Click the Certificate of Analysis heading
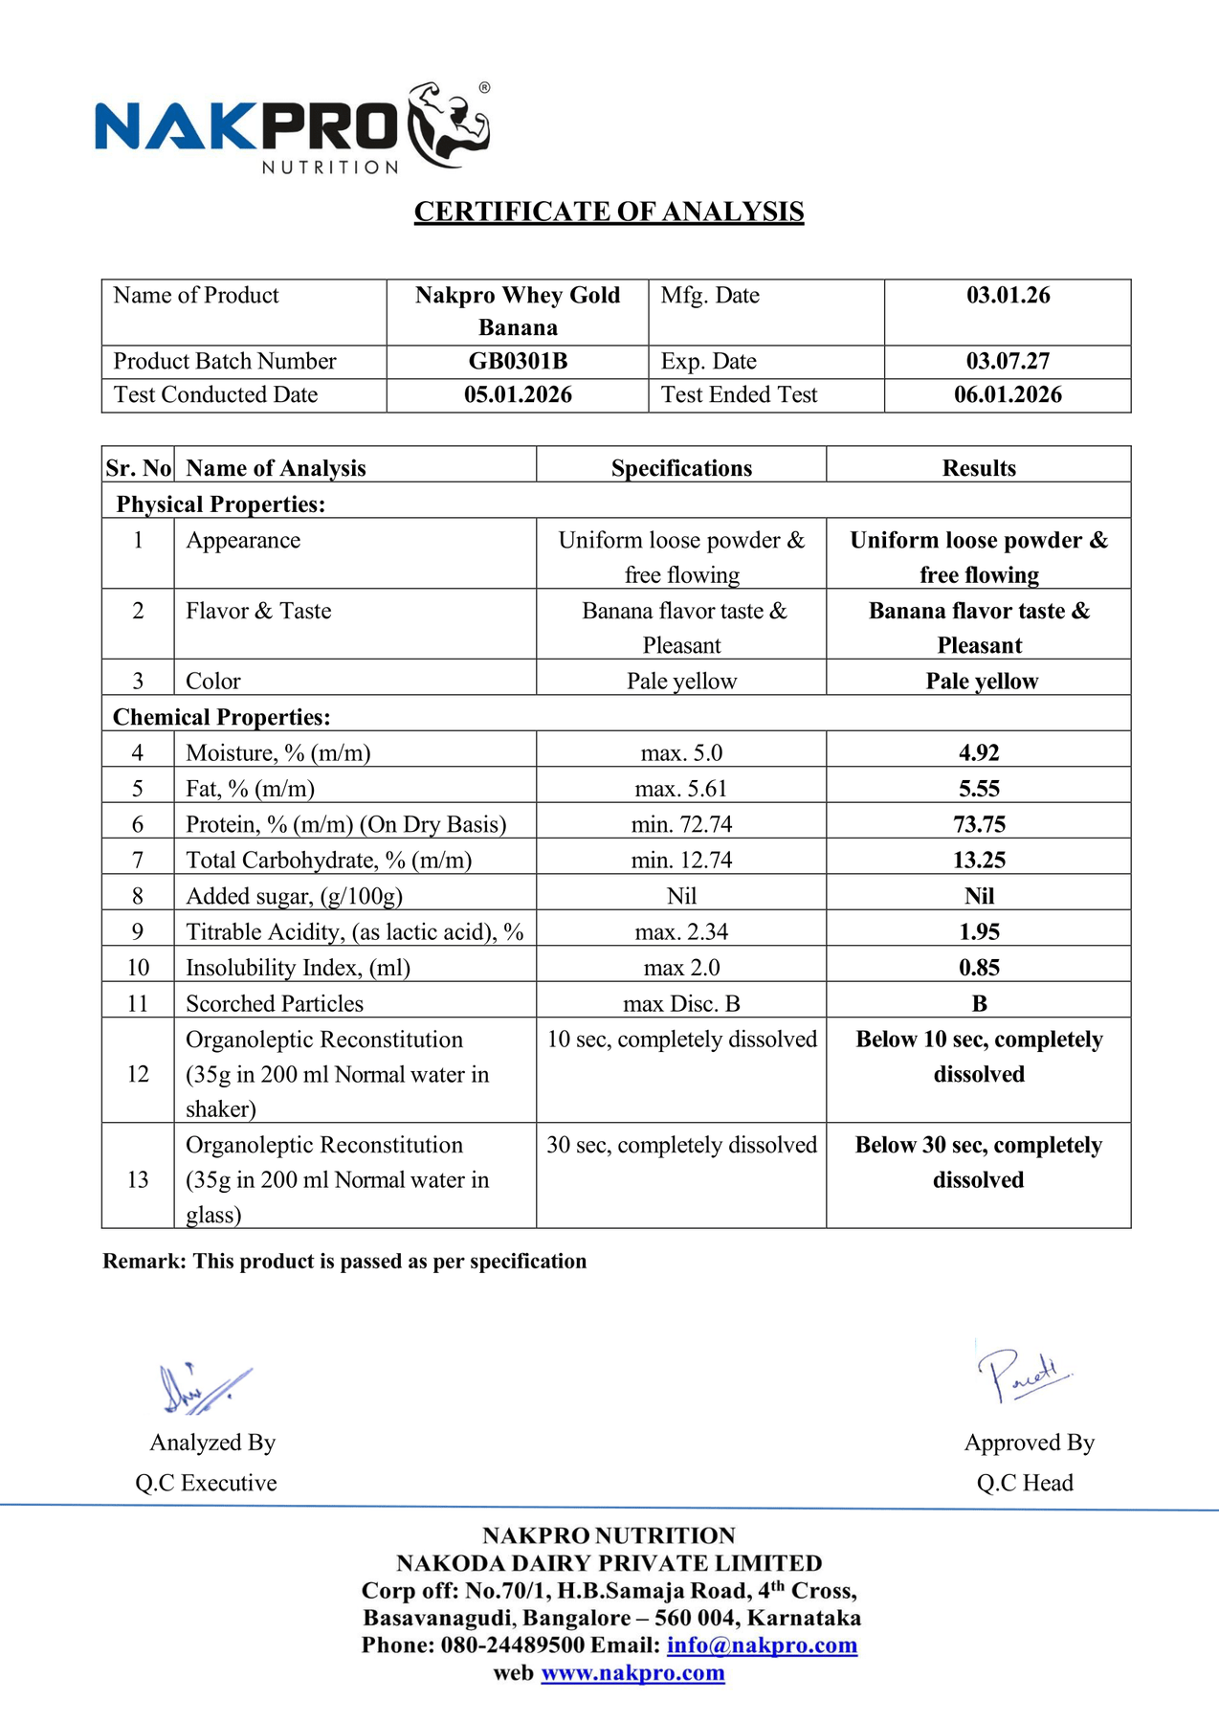point(609,212)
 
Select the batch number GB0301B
point(518,362)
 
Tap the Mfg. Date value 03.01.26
point(1008,296)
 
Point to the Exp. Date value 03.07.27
point(1008,362)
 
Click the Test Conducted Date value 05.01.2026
point(518,395)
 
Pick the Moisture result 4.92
point(979,753)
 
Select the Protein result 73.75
point(979,824)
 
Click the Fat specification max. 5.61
point(681,789)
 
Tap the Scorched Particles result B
point(979,1004)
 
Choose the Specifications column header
point(681,468)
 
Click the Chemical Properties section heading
point(222,717)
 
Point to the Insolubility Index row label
point(298,968)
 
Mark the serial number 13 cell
point(138,1179)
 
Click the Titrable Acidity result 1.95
point(979,932)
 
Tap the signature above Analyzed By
point(204,1389)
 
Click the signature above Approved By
point(1023,1375)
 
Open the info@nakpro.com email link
point(762,1645)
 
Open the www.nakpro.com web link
point(632,1673)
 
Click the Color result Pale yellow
point(982,682)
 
